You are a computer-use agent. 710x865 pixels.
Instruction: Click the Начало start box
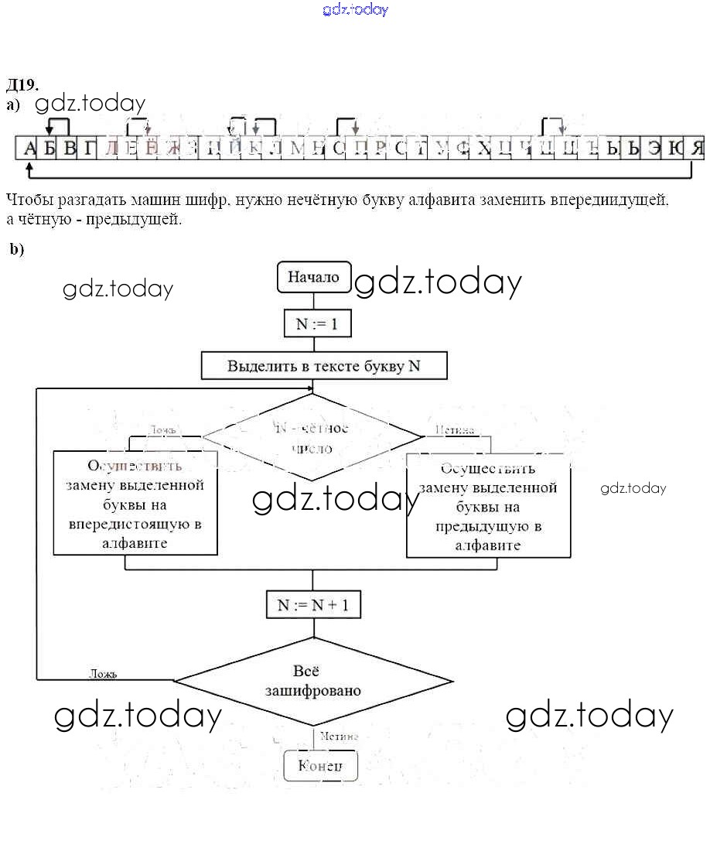[x=314, y=277]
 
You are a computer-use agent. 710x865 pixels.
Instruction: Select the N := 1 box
[x=317, y=324]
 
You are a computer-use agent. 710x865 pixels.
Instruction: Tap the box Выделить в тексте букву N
[x=324, y=366]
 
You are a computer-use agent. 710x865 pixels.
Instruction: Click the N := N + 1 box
[x=313, y=605]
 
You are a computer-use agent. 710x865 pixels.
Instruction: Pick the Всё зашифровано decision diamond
[x=312, y=681]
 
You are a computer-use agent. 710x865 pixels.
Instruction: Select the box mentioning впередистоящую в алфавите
[x=135, y=504]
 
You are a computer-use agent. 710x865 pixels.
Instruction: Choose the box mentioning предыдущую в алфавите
[x=488, y=506]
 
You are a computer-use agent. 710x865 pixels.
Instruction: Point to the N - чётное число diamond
[x=312, y=438]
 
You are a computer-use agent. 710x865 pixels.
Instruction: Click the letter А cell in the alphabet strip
[x=29, y=148]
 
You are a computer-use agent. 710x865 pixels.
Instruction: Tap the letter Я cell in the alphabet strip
[x=697, y=148]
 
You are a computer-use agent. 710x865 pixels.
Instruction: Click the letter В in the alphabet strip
[x=70, y=148]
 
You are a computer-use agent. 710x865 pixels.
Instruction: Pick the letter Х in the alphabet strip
[x=484, y=148]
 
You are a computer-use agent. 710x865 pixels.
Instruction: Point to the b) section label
[x=17, y=248]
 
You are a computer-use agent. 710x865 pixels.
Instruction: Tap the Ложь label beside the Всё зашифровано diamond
[x=102, y=674]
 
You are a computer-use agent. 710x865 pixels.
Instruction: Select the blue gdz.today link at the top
[x=355, y=9]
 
